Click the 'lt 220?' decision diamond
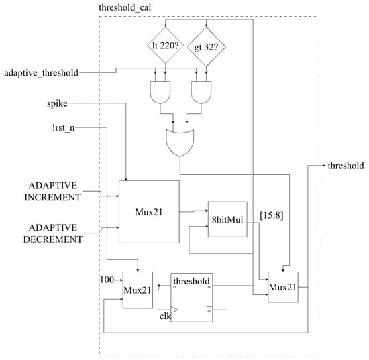click(165, 45)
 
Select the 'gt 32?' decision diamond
click(206, 47)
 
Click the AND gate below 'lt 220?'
click(160, 93)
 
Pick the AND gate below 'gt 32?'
click(201, 93)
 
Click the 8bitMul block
click(227, 219)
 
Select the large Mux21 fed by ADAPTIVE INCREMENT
click(149, 212)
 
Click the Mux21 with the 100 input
click(138, 290)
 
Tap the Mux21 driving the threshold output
click(283, 287)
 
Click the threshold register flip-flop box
click(192, 298)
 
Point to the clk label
click(165, 316)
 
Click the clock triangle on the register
click(174, 310)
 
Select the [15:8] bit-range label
click(272, 215)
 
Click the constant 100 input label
click(107, 280)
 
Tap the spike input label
click(57, 103)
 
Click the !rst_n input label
click(64, 128)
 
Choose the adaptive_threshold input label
click(42, 73)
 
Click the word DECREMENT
click(53, 239)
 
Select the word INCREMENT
click(53, 197)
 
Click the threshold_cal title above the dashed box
click(125, 8)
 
